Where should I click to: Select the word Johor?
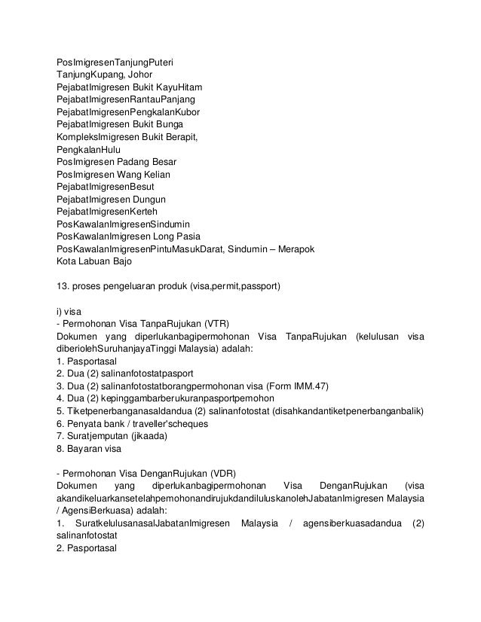point(139,75)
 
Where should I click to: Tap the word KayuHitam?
point(185,87)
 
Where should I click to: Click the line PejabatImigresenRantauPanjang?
point(126,99)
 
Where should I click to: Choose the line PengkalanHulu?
point(88,149)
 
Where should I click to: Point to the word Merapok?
point(297,248)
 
